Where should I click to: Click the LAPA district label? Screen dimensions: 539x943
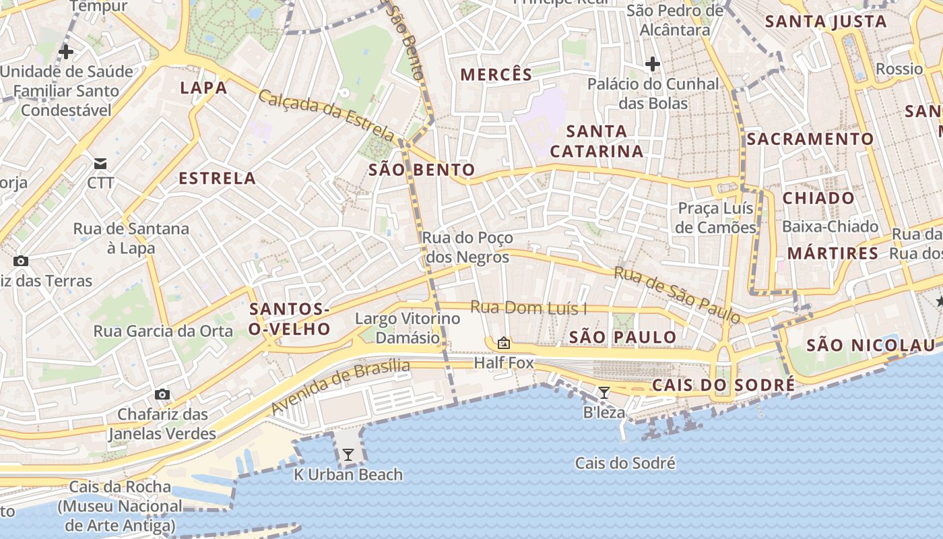click(203, 88)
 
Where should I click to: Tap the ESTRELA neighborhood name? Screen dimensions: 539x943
click(217, 179)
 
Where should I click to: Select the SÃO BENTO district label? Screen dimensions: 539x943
click(422, 170)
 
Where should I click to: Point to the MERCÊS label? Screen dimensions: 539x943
click(496, 75)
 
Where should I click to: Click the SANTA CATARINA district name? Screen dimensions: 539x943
click(597, 141)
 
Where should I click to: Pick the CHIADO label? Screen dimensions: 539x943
click(818, 198)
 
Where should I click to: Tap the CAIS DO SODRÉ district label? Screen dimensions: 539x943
click(723, 385)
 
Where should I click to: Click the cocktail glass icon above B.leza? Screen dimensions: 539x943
click(604, 393)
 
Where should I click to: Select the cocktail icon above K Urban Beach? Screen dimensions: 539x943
click(348, 455)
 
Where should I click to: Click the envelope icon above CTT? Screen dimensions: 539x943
click(100, 163)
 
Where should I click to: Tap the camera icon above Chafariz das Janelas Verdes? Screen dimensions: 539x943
click(162, 394)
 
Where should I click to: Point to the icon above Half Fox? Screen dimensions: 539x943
click(503, 343)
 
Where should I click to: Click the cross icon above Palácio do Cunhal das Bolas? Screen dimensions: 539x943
click(652, 65)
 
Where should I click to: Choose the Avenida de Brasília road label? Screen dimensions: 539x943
click(341, 387)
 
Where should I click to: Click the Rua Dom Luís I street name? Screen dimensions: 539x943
click(529, 308)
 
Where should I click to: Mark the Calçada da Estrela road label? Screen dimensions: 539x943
click(326, 115)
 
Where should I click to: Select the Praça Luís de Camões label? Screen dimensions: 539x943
click(717, 218)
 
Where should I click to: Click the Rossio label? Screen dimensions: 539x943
click(899, 69)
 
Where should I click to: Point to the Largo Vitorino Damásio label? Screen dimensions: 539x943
click(408, 327)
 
